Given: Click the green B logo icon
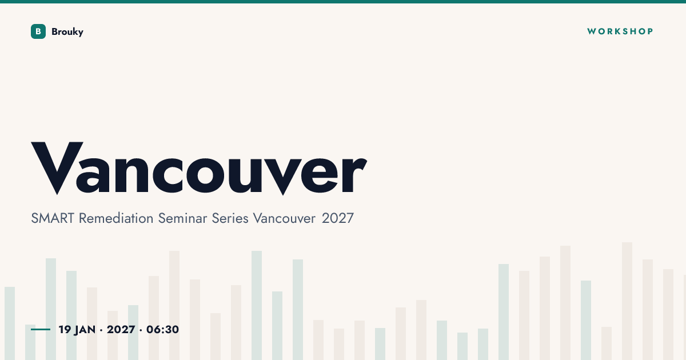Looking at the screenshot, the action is [x=38, y=31].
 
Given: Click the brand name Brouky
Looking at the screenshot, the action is [x=67, y=32].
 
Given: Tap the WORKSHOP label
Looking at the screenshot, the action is [x=620, y=31].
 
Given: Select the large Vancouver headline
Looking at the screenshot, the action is [x=199, y=168].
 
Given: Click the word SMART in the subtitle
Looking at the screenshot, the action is [x=53, y=218].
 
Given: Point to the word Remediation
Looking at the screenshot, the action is [x=116, y=218].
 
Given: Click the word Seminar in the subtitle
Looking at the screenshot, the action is [x=182, y=218].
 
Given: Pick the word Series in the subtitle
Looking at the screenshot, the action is [x=230, y=218].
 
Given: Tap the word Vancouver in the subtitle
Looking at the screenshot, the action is [x=284, y=218].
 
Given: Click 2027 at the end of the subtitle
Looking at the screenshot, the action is [x=338, y=218].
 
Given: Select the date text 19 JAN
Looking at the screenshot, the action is [x=77, y=330].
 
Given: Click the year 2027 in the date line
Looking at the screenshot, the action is [x=121, y=330].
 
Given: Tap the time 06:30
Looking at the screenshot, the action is [x=162, y=330].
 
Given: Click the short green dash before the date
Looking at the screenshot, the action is [x=41, y=329].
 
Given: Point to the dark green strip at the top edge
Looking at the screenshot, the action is [x=343, y=2].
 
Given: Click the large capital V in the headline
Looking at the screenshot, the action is [x=57, y=168].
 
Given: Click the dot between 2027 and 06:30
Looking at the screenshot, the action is [x=141, y=330].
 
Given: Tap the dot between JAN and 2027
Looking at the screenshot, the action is [x=101, y=330].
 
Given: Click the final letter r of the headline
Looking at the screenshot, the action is [x=354, y=174].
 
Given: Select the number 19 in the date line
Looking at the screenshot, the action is [x=65, y=330].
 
